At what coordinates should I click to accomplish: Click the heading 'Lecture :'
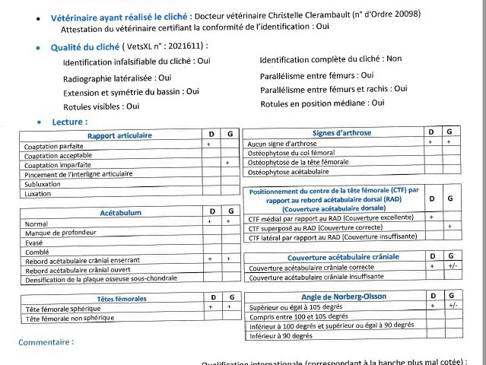(x=70, y=122)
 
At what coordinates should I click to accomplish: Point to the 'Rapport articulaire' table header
(x=119, y=135)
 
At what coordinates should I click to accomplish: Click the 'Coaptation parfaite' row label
(x=54, y=146)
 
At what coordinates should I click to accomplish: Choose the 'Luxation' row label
(x=38, y=193)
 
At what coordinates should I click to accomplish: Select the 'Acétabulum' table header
(x=120, y=213)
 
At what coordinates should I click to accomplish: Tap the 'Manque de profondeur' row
(x=60, y=233)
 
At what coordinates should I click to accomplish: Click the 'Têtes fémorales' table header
(x=122, y=299)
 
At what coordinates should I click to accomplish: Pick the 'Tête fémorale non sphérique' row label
(x=74, y=319)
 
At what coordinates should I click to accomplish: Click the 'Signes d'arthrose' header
(x=341, y=133)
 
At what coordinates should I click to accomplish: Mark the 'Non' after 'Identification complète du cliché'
(x=394, y=59)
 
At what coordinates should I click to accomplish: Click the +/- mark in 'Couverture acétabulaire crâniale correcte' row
(x=452, y=267)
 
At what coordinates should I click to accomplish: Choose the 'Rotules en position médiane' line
(x=322, y=103)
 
